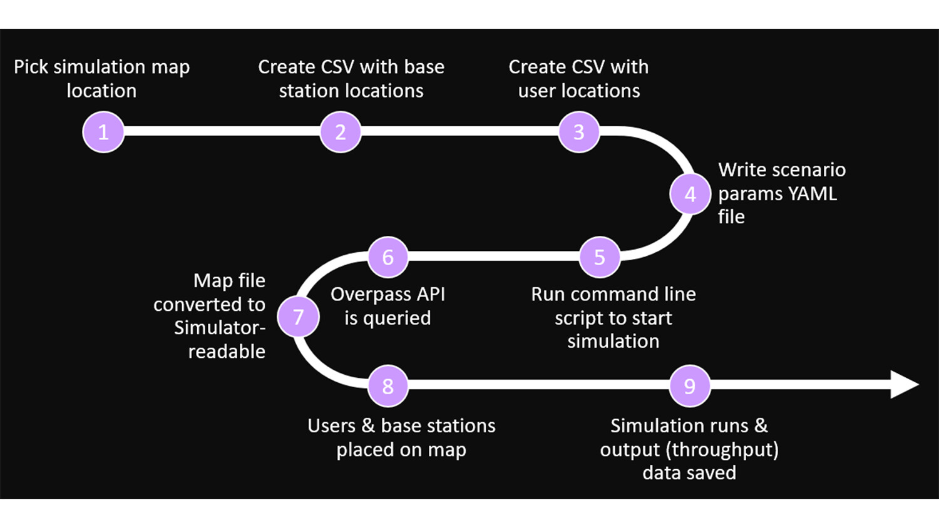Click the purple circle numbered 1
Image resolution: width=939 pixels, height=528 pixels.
tap(103, 132)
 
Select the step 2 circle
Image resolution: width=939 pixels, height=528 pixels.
tap(341, 132)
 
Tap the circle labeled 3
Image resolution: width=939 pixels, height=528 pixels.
tap(578, 132)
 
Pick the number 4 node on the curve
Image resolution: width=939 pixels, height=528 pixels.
tap(690, 195)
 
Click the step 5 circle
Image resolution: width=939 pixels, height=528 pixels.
tap(600, 257)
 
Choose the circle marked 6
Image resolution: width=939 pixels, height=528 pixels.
tap(388, 257)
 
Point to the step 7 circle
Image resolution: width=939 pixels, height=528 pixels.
tap(299, 317)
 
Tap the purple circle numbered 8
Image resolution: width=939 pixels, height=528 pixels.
tap(388, 386)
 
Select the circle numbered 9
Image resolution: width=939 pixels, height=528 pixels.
tap(690, 386)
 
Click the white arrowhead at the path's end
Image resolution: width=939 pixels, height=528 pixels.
tap(903, 384)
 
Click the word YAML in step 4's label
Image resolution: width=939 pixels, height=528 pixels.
tap(812, 194)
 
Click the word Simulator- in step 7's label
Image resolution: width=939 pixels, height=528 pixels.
tap(220, 328)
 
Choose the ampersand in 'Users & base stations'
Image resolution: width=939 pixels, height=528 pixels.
tap(368, 426)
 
